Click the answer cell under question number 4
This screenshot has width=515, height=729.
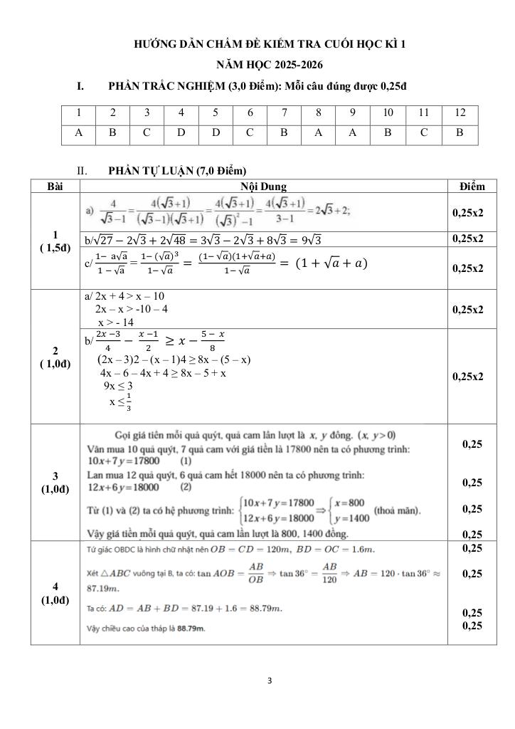(181, 132)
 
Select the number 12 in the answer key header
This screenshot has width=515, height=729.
(460, 112)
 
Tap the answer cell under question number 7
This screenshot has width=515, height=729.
(284, 132)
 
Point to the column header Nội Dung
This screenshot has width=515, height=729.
(263, 187)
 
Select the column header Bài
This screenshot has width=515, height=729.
(55, 187)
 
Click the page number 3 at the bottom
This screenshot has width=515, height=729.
(270, 680)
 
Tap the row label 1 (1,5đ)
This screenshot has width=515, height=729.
(55, 241)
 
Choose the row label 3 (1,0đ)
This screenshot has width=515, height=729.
(55, 482)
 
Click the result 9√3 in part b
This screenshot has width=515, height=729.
(311, 239)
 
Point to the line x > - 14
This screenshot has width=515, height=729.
(115, 322)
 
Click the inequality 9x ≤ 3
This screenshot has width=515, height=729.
(118, 386)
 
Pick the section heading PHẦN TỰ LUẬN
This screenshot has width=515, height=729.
(177, 171)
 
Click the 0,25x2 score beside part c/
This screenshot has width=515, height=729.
(468, 268)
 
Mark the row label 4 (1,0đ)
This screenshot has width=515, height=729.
(55, 593)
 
